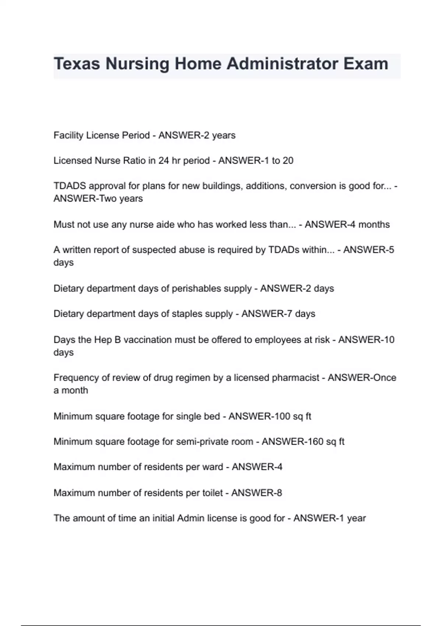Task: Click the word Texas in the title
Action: click(x=77, y=64)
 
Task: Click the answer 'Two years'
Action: click(x=121, y=198)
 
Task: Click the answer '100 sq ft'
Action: click(x=293, y=416)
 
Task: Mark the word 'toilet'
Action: click(x=211, y=493)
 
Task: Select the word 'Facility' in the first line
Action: click(x=69, y=136)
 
